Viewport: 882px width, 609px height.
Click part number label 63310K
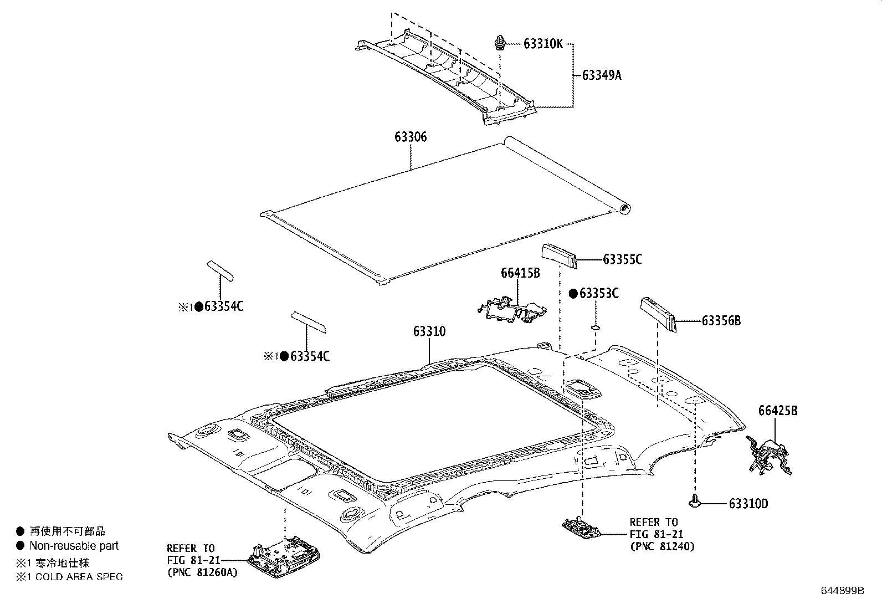542,44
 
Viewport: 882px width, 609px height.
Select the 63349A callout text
601,75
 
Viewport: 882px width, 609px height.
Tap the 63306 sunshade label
411,137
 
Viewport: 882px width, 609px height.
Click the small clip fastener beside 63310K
500,42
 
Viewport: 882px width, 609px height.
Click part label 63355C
622,259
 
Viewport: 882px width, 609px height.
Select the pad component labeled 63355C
560,256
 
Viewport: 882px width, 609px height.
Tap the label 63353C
598,294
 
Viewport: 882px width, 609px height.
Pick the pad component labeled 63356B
658,314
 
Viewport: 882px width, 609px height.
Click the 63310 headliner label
429,331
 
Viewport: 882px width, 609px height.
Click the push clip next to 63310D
694,502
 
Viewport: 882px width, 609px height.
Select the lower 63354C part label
310,356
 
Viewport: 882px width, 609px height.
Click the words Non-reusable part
74,546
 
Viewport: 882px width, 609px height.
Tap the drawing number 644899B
842,590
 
